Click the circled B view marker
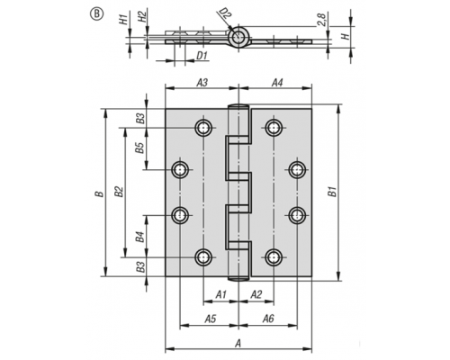click(x=96, y=14)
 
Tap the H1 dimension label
click(x=123, y=19)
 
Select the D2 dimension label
click(x=225, y=14)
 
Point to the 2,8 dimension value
click(x=321, y=20)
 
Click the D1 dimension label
click(x=202, y=56)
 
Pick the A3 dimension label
click(x=202, y=83)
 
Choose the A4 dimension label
click(x=277, y=83)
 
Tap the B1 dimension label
click(x=332, y=192)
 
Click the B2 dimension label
click(x=119, y=192)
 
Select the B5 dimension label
click(x=139, y=148)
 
